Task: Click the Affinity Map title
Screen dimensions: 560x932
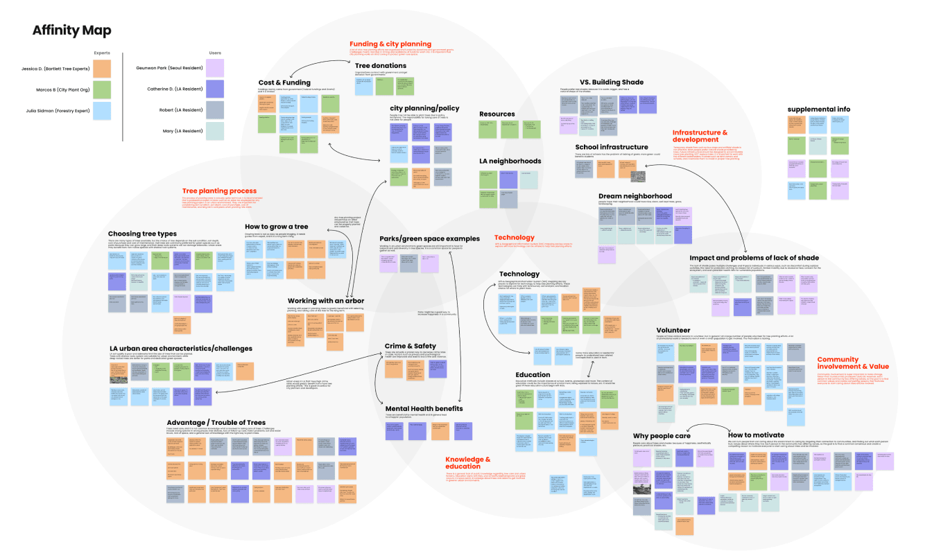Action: point(71,30)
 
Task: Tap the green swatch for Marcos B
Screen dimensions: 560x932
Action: point(101,89)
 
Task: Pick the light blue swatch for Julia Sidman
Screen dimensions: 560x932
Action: point(101,110)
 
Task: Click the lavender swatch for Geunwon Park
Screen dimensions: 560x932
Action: point(216,68)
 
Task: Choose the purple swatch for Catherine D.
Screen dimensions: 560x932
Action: point(216,89)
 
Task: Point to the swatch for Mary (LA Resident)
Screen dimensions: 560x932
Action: point(216,130)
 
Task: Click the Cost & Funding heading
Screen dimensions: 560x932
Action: point(284,82)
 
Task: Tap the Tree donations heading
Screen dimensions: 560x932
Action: point(381,66)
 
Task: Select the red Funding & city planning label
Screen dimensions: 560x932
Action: point(390,44)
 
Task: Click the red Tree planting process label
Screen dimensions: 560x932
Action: point(219,191)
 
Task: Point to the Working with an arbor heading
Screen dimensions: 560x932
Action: point(326,300)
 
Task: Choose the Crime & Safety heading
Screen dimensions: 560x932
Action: point(411,345)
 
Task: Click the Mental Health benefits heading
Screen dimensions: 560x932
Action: point(424,408)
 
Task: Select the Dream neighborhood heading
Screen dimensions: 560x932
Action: point(635,196)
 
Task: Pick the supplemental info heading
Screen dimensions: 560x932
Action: point(818,109)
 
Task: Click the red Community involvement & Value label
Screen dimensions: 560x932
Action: point(852,362)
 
